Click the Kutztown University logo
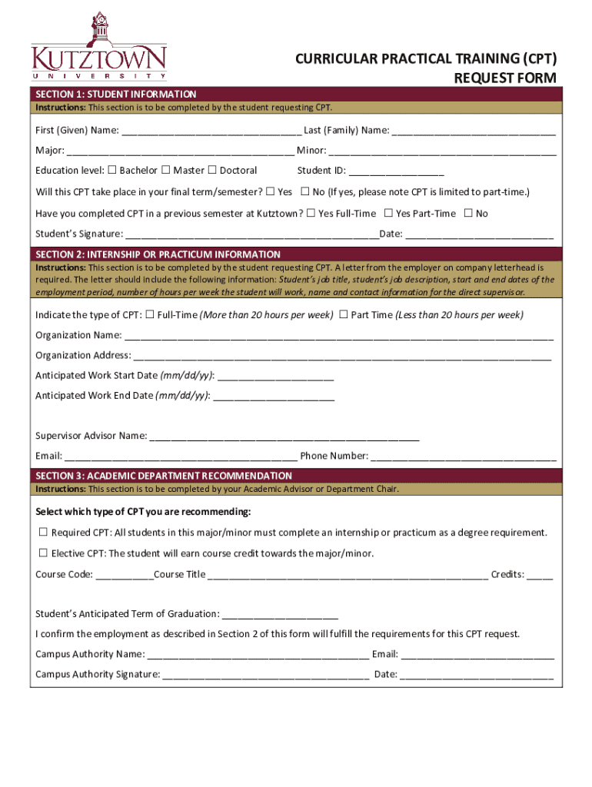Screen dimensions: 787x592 pyautogui.click(x=98, y=47)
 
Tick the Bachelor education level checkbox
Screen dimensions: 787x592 pyautogui.click(x=112, y=170)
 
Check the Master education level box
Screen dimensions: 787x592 pyautogui.click(x=165, y=170)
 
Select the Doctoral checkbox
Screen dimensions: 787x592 pyautogui.click(x=212, y=170)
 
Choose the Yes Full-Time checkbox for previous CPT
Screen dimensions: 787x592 pyautogui.click(x=311, y=213)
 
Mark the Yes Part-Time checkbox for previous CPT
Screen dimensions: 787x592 pyautogui.click(x=388, y=213)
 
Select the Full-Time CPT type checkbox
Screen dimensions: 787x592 pyautogui.click(x=150, y=314)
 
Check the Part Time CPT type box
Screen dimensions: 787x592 pyautogui.click(x=344, y=314)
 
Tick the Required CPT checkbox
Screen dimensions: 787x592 pyautogui.click(x=44, y=532)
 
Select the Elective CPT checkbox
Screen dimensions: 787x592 pyautogui.click(x=44, y=553)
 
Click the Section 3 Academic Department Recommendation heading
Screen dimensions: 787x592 pyautogui.click(x=164, y=476)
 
